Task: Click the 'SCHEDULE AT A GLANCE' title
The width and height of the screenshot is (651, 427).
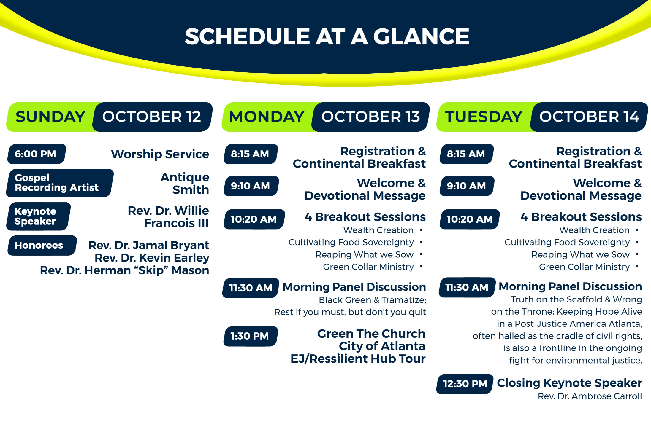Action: coord(327,36)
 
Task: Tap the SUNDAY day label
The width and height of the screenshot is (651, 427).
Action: coord(50,117)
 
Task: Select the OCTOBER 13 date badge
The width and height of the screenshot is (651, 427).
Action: coord(370,117)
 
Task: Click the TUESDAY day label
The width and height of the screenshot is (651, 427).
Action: coord(483,117)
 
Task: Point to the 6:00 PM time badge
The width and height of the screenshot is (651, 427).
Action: coord(36,154)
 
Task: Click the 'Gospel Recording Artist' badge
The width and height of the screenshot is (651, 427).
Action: coord(60,183)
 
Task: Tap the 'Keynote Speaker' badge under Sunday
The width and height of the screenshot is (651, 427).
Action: coord(38,216)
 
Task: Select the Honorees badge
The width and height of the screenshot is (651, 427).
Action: coord(42,246)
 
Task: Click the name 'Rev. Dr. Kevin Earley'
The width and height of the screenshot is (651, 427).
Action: coord(152,258)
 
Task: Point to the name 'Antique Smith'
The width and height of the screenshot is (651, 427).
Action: coord(185,183)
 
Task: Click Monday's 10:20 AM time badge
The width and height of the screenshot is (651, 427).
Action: coord(254,219)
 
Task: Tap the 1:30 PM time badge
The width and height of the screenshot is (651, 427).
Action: coord(250,336)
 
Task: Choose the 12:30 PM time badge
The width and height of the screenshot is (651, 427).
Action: coord(465,384)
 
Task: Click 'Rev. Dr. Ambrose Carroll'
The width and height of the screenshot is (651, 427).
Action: coord(590,396)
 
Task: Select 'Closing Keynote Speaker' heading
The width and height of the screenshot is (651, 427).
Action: coord(569,383)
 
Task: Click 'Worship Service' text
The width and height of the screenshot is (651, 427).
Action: coord(160,154)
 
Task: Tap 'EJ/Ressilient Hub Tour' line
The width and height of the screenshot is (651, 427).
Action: coord(358,359)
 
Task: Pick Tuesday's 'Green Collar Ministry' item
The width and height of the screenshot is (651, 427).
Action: coord(584,267)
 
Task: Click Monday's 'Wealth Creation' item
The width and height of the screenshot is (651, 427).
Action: coord(378,230)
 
